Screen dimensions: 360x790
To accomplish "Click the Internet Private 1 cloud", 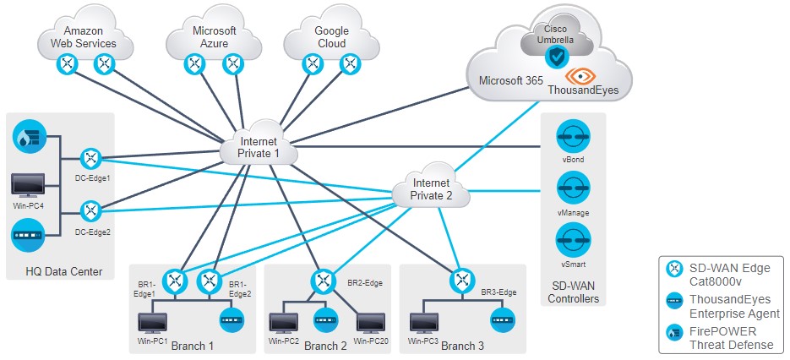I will click(x=259, y=148).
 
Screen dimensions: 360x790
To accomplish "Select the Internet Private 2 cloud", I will click(x=431, y=188).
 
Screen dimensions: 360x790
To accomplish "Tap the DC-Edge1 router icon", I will click(x=91, y=157).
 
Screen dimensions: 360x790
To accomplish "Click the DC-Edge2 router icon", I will click(x=91, y=210).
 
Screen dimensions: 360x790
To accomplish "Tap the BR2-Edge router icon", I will click(x=321, y=280).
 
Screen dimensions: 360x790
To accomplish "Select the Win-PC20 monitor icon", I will click(x=373, y=323).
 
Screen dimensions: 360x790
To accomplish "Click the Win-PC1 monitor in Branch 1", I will click(x=153, y=323).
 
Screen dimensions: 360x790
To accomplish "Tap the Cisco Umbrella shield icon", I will click(x=555, y=57).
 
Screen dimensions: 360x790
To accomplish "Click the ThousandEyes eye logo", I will click(x=580, y=76).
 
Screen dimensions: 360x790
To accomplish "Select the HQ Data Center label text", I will click(x=65, y=271).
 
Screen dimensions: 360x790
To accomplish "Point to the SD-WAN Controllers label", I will click(x=574, y=292).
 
